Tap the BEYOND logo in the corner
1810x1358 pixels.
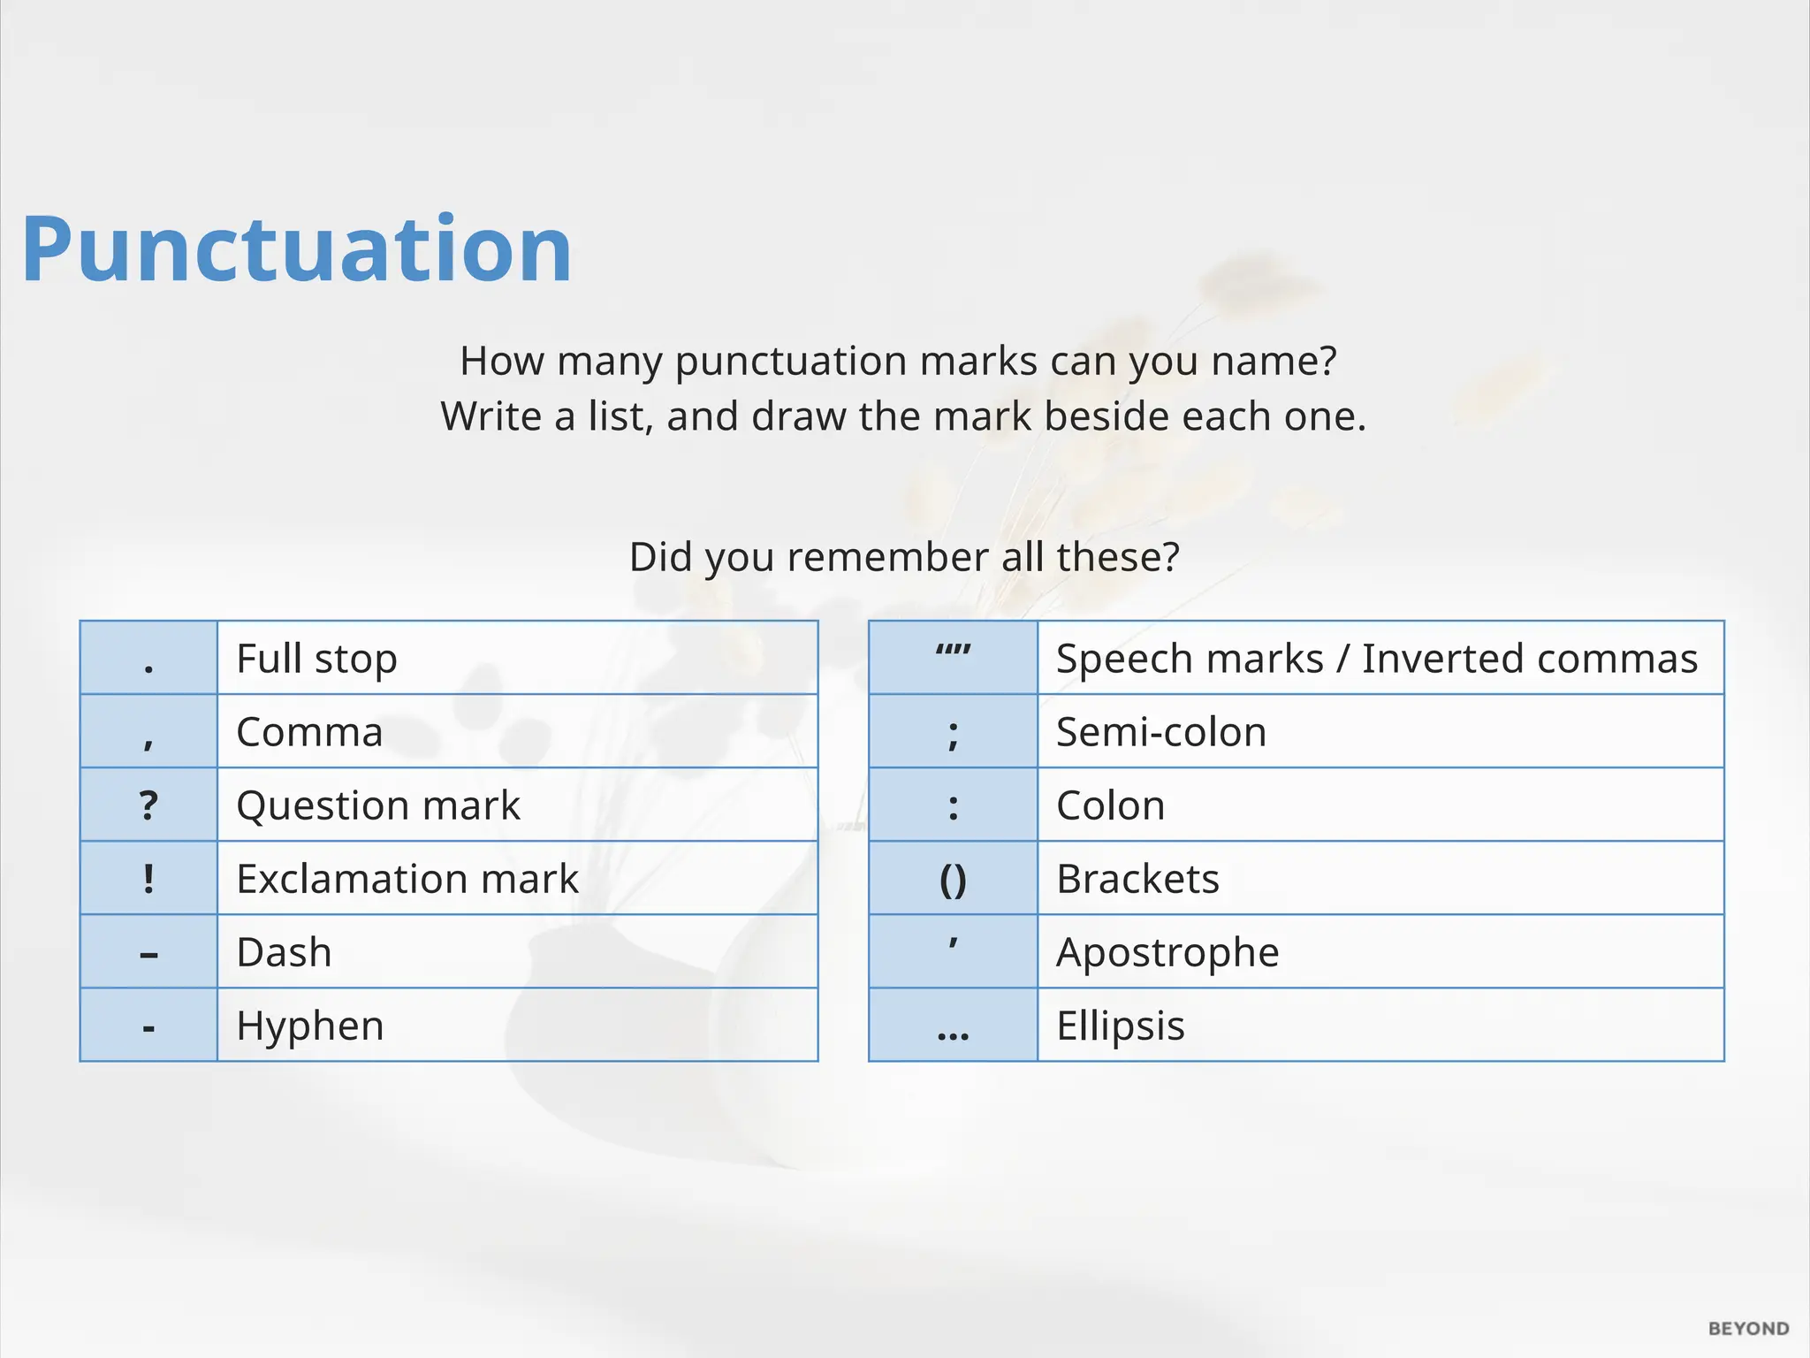click(x=1748, y=1329)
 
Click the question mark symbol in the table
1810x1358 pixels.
click(x=148, y=805)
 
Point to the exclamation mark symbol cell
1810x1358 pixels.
click(x=148, y=879)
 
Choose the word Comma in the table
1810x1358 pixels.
click(x=309, y=732)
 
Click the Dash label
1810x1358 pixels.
click(x=284, y=952)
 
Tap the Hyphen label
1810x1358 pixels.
click(x=309, y=1026)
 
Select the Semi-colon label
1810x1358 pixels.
click(x=1160, y=732)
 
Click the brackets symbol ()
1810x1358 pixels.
click(x=953, y=880)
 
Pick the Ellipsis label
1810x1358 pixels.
click(x=1120, y=1026)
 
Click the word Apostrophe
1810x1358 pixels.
click(x=1167, y=952)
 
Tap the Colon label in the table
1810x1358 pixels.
click(x=1110, y=805)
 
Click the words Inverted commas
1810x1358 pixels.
click(x=1529, y=659)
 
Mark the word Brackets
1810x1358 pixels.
click(x=1137, y=879)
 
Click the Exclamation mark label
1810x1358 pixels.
click(x=407, y=879)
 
